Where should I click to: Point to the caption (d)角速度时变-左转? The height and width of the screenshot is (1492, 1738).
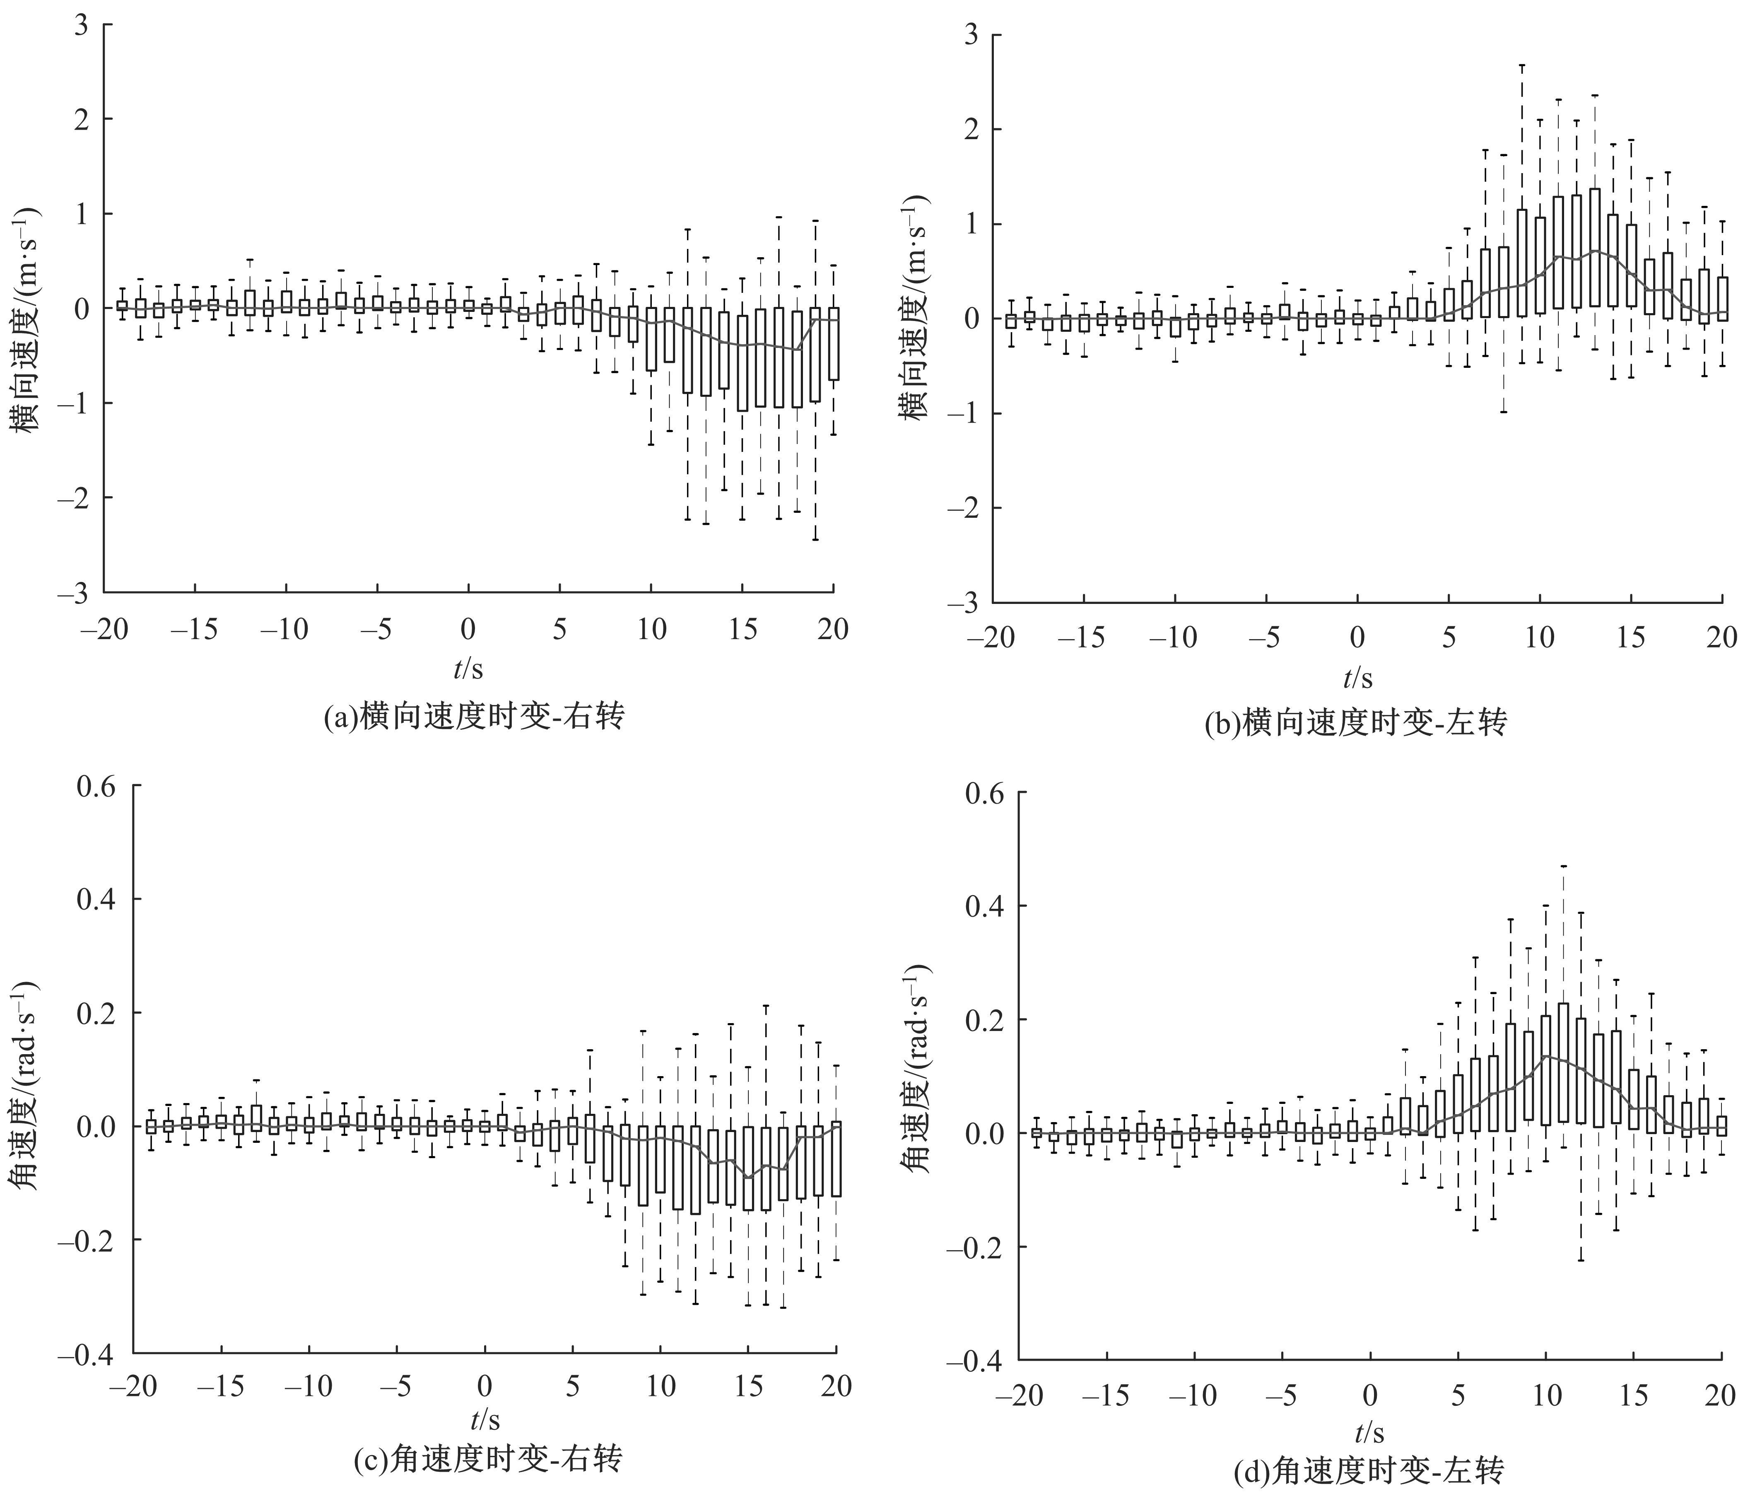tap(1369, 1470)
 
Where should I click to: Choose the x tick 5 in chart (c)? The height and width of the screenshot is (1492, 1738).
tap(572, 1386)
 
